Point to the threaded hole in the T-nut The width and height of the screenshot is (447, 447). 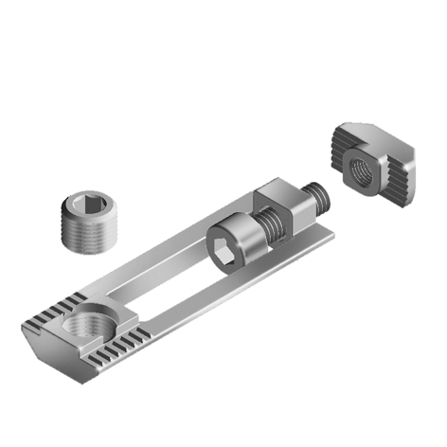pos(363,171)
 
